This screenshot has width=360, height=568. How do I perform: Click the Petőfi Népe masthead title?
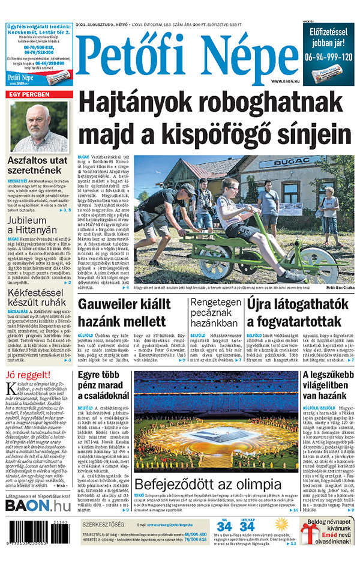point(180,55)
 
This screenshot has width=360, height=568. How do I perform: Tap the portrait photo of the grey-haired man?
point(39,127)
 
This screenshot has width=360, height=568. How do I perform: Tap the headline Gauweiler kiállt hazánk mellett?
point(128,312)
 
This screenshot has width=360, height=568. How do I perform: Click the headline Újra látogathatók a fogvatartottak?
point(300,312)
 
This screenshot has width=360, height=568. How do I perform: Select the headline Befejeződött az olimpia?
point(207,485)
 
